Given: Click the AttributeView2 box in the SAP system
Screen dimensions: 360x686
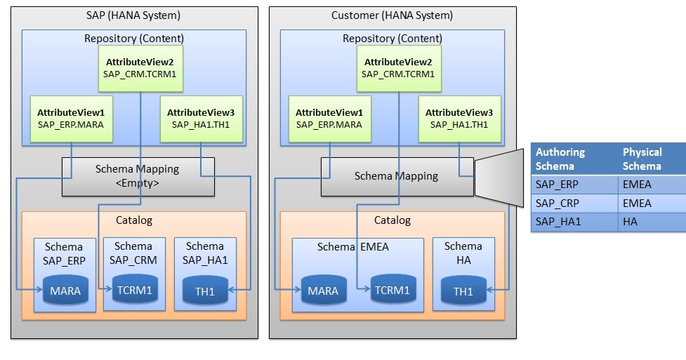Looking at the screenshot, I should point(140,68).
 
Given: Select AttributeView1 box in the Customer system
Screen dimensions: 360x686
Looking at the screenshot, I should point(329,119).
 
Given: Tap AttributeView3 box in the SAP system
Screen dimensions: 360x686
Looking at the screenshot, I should point(201,119).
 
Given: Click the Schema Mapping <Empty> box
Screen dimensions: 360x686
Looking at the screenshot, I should point(138,176).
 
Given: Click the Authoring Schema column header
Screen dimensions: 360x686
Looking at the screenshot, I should point(573,159).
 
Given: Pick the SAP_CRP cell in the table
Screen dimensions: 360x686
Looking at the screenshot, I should point(573,204).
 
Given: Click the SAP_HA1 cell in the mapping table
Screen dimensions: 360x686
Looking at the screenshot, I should point(573,222).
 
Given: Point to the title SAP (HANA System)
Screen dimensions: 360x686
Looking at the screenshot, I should point(134,15).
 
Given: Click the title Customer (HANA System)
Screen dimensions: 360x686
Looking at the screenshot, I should point(392,15).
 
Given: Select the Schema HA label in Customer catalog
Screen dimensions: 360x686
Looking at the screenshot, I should point(463,253).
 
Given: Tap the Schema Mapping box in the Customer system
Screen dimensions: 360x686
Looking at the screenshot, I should point(397,176).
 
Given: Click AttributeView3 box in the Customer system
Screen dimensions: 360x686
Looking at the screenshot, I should point(459,119).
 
